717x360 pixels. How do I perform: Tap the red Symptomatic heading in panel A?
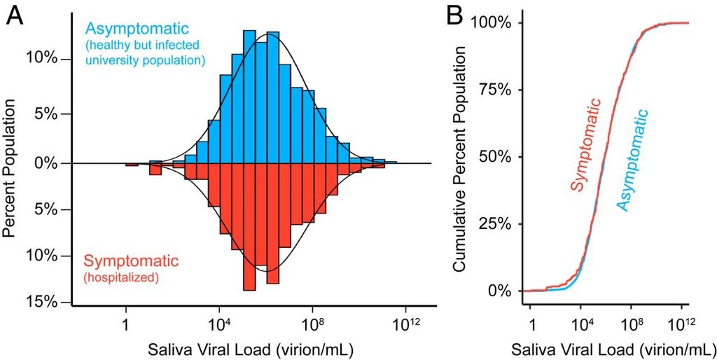(131, 261)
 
